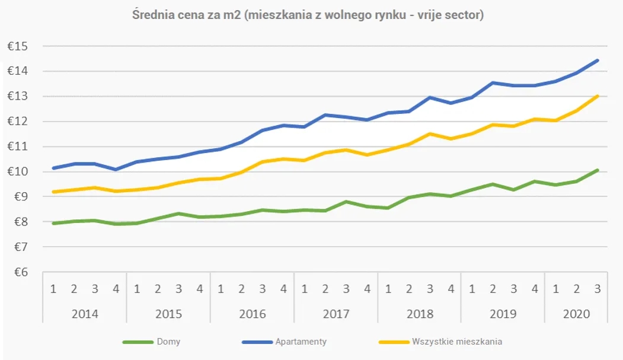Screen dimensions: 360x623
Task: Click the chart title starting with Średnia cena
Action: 308,15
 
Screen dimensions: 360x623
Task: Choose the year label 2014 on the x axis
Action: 85,314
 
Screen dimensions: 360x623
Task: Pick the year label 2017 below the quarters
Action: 336,314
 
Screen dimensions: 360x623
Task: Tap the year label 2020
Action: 577,314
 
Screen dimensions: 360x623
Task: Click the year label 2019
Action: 503,314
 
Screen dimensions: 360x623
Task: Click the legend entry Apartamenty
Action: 301,342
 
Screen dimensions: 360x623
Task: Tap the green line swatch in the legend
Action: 138,342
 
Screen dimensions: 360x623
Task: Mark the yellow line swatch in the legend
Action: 394,342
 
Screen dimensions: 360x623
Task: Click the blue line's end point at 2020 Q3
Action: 598,60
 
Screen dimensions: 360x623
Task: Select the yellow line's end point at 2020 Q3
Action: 598,95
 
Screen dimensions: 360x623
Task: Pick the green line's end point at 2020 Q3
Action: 598,170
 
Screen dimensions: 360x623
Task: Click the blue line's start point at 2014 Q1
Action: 53,168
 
